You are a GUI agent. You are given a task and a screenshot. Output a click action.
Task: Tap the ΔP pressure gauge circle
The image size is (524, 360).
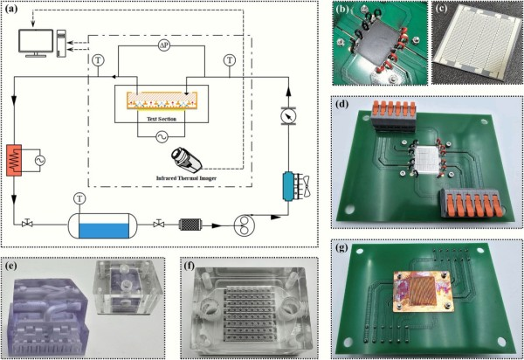pyautogui.click(x=176, y=45)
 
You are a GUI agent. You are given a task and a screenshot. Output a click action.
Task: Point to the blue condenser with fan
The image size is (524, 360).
pyautogui.click(x=288, y=184)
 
